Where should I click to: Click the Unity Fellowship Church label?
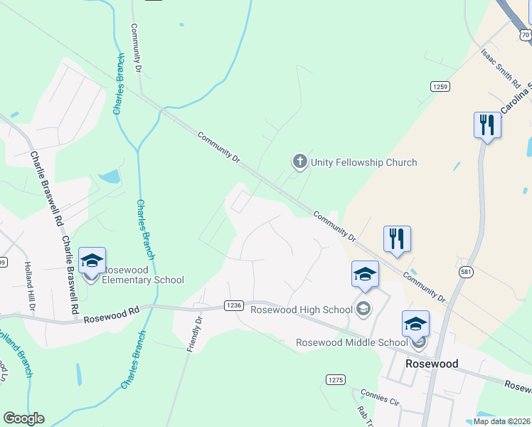pos(363,162)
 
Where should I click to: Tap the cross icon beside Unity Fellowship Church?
pos(300,162)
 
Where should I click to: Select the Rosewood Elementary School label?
pos(143,275)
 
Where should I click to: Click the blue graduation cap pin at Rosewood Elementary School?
pos(92,262)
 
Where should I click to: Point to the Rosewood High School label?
pos(302,309)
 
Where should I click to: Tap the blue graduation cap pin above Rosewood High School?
pos(365,275)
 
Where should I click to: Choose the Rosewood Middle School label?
pos(352,343)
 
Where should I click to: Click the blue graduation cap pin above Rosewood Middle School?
pos(415,325)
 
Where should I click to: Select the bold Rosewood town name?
pos(431,363)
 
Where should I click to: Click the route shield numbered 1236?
pos(234,305)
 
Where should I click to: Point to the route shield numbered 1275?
pos(336,380)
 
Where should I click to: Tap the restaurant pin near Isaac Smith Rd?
pos(487,125)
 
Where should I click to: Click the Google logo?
pos(23,418)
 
